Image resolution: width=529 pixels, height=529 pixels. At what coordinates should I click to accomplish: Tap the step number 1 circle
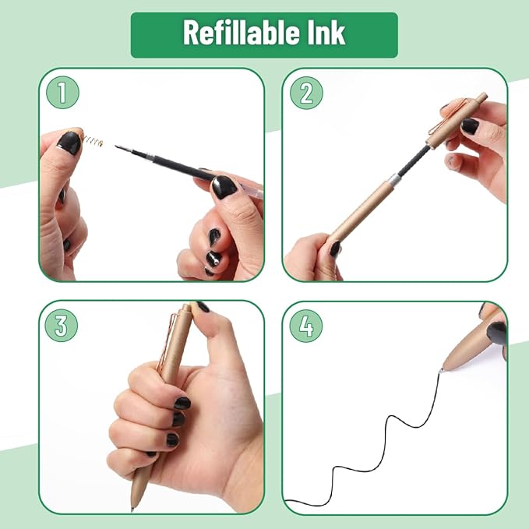(62, 93)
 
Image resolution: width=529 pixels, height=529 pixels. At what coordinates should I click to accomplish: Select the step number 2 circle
(305, 93)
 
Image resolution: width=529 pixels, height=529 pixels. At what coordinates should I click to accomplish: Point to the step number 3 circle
(62, 326)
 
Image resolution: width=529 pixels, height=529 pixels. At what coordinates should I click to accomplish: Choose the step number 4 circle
(305, 326)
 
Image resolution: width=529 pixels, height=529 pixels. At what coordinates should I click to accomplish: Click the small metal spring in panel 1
(93, 143)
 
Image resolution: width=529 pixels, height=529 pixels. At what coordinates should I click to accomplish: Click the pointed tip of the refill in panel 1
(118, 147)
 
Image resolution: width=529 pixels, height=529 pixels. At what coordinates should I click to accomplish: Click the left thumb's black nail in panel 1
(69, 143)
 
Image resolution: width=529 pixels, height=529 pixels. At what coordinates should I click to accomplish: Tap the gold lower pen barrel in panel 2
(358, 218)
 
